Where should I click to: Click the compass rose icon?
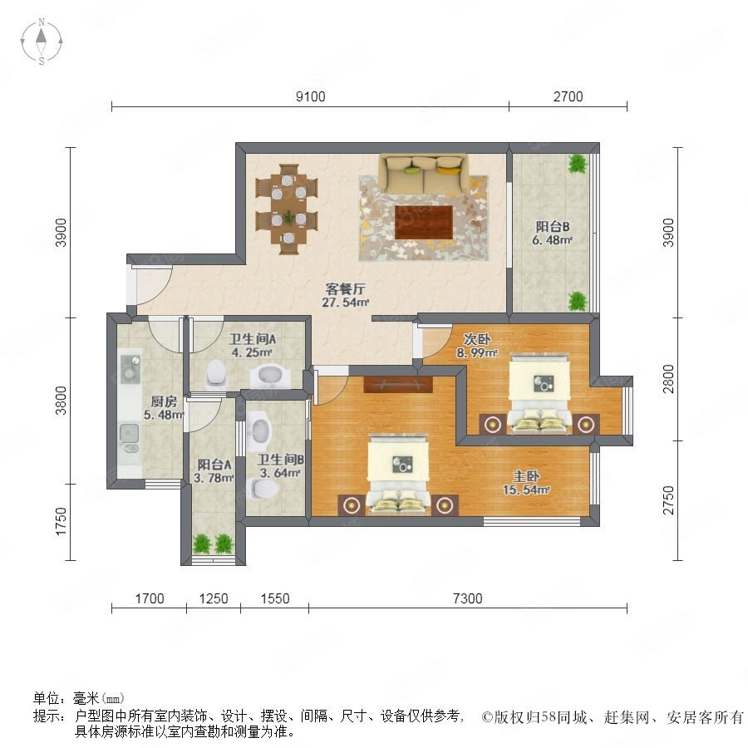click(x=42, y=42)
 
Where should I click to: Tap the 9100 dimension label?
click(x=311, y=97)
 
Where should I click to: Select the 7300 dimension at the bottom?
click(x=467, y=598)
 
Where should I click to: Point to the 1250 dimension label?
click(x=214, y=598)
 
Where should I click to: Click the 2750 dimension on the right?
click(x=669, y=500)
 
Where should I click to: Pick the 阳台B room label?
click(x=553, y=226)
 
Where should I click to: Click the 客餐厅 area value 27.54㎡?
click(x=346, y=302)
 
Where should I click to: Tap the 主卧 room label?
click(x=526, y=476)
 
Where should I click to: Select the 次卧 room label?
click(x=477, y=339)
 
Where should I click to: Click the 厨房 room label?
click(x=164, y=401)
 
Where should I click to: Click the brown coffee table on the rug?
click(x=424, y=222)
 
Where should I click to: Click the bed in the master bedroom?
click(x=398, y=474)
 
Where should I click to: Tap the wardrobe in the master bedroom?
click(x=398, y=385)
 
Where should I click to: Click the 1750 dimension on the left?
click(x=61, y=522)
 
